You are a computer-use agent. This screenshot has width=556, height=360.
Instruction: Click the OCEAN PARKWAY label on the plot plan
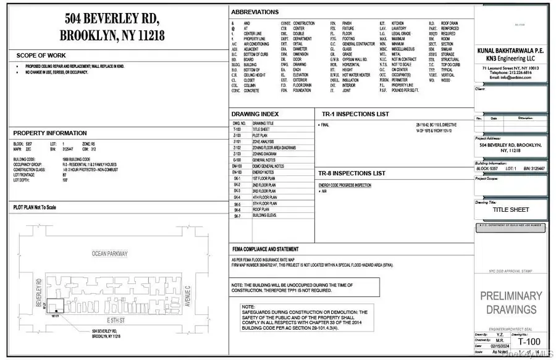(x=110, y=254)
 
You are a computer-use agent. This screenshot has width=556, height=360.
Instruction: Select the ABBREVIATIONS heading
(x=255, y=12)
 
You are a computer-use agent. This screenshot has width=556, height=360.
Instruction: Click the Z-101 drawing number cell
(x=237, y=142)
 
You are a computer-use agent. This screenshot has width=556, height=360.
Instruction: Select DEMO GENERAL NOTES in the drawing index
(x=268, y=166)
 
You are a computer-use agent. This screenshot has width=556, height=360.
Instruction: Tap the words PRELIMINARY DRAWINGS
(x=511, y=303)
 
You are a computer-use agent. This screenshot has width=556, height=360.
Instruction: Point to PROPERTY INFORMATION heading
(x=50, y=133)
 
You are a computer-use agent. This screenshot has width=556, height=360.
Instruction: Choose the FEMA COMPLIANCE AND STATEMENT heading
(x=269, y=248)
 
